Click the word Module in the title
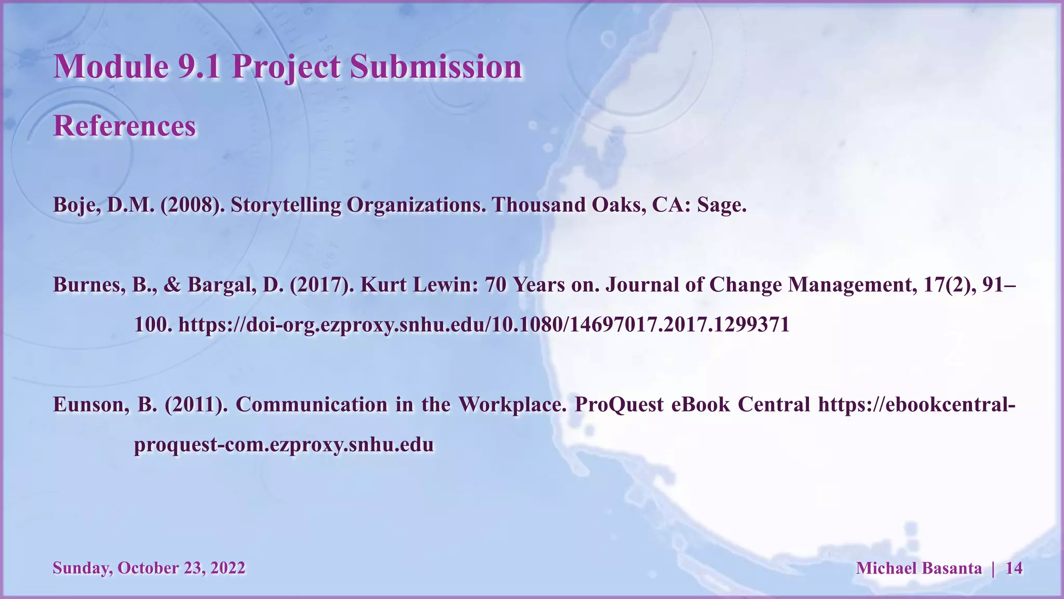tap(111, 67)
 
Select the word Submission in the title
tap(435, 67)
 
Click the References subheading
tap(125, 126)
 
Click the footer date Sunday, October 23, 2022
tap(149, 568)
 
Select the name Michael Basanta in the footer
tap(919, 568)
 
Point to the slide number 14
tap(1014, 568)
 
